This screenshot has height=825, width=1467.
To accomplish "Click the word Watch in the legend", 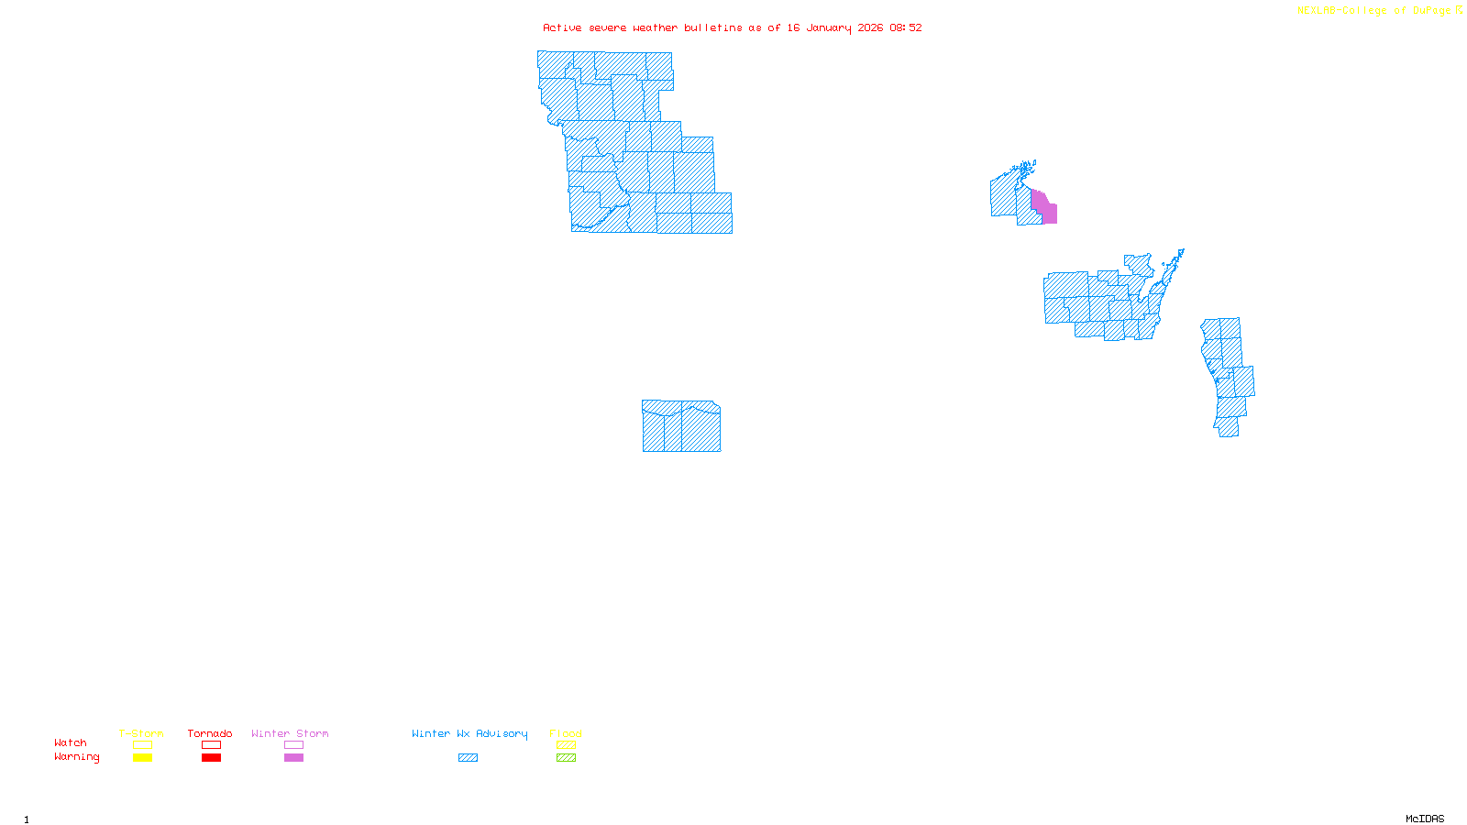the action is click(71, 743).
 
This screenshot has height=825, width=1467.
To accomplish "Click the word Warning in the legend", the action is click(77, 757).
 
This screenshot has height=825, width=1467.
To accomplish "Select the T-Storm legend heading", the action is click(141, 733).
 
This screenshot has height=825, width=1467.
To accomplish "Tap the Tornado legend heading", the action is click(210, 733).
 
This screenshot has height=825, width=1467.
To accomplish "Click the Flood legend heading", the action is click(566, 733).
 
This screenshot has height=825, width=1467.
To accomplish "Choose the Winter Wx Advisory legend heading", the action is click(469, 733).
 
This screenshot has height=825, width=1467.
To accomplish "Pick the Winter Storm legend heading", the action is click(290, 733).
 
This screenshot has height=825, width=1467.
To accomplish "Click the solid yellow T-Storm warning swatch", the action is click(142, 758).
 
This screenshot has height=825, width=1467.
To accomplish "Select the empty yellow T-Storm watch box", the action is click(142, 745).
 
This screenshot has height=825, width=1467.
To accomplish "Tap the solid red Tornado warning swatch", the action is click(212, 758).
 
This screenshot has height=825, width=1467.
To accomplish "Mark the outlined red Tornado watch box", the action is click(212, 745).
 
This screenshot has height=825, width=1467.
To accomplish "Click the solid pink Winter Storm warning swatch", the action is click(293, 758).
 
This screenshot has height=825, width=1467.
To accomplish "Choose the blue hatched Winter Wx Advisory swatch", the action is click(468, 758).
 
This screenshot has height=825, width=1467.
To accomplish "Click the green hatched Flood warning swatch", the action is click(567, 758).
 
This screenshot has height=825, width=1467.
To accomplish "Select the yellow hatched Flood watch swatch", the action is click(567, 745).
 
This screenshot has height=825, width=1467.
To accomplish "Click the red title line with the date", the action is click(732, 28).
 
